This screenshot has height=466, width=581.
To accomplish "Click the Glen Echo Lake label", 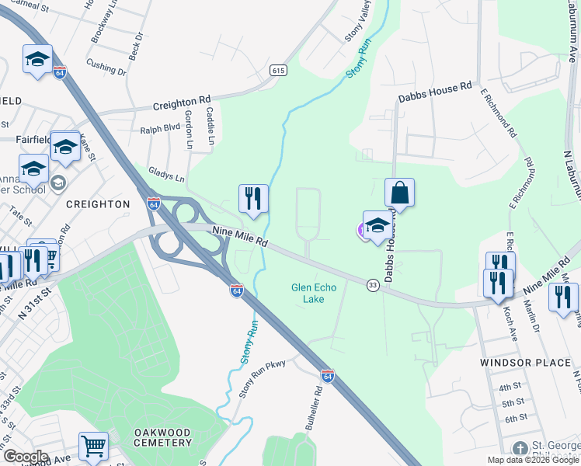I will [314, 293].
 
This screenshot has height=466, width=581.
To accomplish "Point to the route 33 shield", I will [373, 285].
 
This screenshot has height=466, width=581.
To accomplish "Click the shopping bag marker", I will [399, 194].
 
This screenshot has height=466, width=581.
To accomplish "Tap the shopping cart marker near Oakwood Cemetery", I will [93, 447].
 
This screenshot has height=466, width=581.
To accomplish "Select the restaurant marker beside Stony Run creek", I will [253, 200].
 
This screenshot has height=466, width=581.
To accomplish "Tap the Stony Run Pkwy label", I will [263, 377].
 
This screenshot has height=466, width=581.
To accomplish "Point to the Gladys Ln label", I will [166, 178].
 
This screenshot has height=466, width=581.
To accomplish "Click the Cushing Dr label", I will [106, 68].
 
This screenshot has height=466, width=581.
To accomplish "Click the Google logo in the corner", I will [26, 457].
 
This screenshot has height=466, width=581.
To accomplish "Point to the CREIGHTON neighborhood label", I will [98, 203].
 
